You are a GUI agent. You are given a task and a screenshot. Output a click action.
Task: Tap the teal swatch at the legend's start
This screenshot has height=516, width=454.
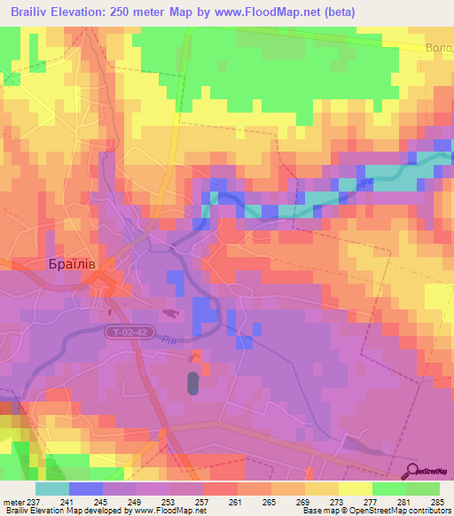coord(51,489)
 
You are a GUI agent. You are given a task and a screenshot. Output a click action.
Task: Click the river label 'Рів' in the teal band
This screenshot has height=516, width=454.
coord(366,182)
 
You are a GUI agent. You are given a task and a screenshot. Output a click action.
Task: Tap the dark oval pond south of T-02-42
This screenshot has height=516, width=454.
coord(193,383)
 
